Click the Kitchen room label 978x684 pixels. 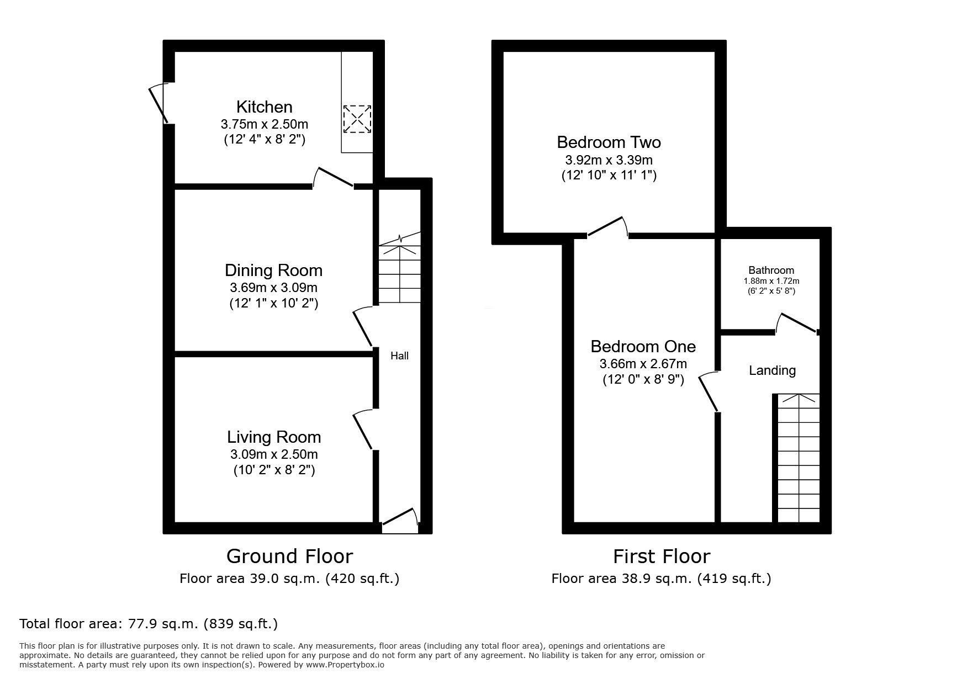(x=264, y=107)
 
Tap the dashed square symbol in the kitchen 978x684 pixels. (x=357, y=119)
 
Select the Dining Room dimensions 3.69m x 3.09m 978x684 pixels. (x=273, y=288)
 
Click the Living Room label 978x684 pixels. (x=274, y=437)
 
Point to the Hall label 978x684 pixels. (x=399, y=356)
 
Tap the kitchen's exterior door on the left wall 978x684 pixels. (x=159, y=103)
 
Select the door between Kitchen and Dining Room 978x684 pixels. (x=334, y=178)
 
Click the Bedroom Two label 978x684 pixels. (x=609, y=142)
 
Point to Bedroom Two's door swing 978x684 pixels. (x=608, y=227)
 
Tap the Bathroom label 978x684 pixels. (x=771, y=270)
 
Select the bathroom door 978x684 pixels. (x=797, y=324)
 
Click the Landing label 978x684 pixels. (x=772, y=370)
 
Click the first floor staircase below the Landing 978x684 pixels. (x=798, y=458)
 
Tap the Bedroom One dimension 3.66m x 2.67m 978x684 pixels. (x=643, y=364)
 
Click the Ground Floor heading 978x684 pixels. (x=289, y=556)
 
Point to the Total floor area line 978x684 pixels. (x=149, y=624)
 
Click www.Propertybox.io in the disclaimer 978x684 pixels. (x=345, y=665)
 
